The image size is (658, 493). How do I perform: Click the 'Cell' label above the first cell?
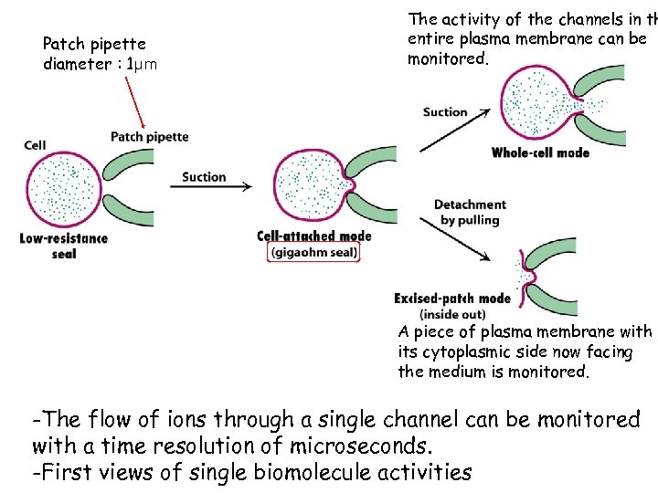coord(36,144)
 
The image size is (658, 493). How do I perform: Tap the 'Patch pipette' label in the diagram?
coord(150,137)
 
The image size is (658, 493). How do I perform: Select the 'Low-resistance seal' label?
coord(63,246)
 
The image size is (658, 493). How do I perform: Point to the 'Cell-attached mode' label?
coord(314,236)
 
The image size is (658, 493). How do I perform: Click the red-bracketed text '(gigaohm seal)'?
coord(314,252)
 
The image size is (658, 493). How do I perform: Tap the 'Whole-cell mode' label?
coord(540,152)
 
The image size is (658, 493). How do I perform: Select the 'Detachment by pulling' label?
coord(470,212)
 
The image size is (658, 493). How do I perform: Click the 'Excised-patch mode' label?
coord(452,298)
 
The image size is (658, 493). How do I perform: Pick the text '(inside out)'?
coord(452,314)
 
